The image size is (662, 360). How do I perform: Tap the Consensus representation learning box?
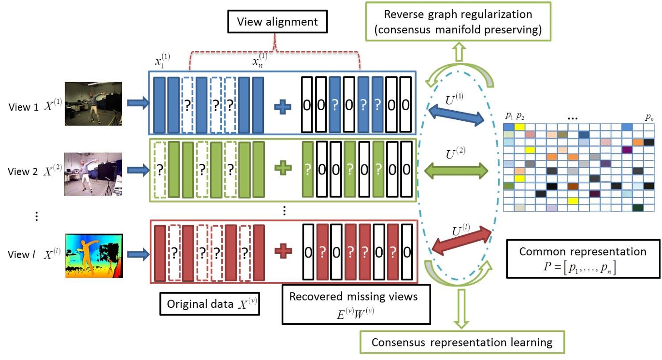(x=462, y=342)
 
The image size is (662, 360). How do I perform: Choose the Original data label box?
(x=208, y=304)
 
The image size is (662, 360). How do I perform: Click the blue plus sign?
(x=282, y=107)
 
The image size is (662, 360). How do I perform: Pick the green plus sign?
(x=282, y=169)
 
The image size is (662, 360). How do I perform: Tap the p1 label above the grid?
(x=509, y=116)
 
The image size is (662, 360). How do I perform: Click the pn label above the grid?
(x=649, y=116)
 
